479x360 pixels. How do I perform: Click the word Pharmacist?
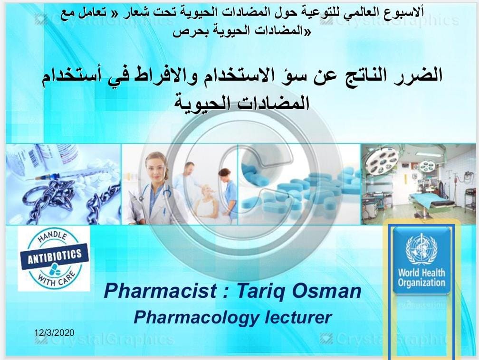pyautogui.click(x=161, y=291)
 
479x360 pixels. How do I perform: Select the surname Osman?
pyautogui.click(x=326, y=291)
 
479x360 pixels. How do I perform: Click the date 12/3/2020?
pyautogui.click(x=54, y=332)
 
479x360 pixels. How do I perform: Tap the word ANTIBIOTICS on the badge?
pyautogui.click(x=55, y=256)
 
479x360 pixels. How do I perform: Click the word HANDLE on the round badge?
pyautogui.click(x=53, y=237)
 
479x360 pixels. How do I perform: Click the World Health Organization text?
pyautogui.click(x=421, y=277)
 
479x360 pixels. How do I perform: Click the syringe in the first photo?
pyautogui.click(x=67, y=173)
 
